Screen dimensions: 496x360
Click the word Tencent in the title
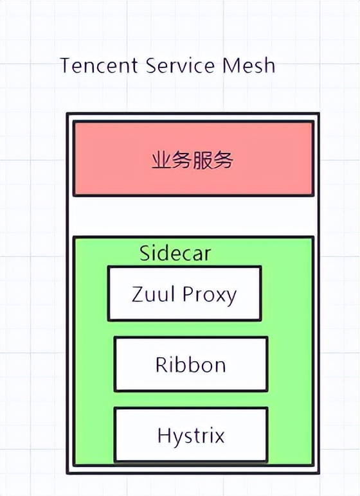click(x=99, y=66)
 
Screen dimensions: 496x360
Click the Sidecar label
click(x=175, y=253)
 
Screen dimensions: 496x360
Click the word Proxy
click(x=210, y=295)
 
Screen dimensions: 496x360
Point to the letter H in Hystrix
click(x=163, y=436)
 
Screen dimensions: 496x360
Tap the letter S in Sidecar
click(x=145, y=253)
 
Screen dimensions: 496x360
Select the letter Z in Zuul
click(x=138, y=294)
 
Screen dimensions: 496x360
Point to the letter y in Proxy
click(x=231, y=296)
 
